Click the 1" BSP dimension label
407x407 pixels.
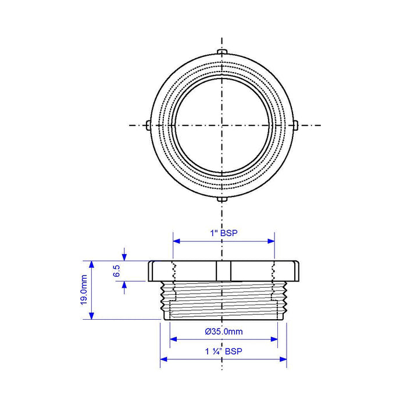click(224, 233)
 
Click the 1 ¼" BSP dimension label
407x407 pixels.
click(224, 351)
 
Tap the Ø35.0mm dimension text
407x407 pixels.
click(224, 331)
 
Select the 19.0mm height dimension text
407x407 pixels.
click(84, 290)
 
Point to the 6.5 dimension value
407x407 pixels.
click(117, 271)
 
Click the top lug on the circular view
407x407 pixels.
click(222, 51)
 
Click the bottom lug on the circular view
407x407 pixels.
click(222, 199)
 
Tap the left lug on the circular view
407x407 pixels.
click(148, 126)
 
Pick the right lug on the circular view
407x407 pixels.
click(295, 126)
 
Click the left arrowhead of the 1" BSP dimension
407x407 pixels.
click(176, 241)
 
